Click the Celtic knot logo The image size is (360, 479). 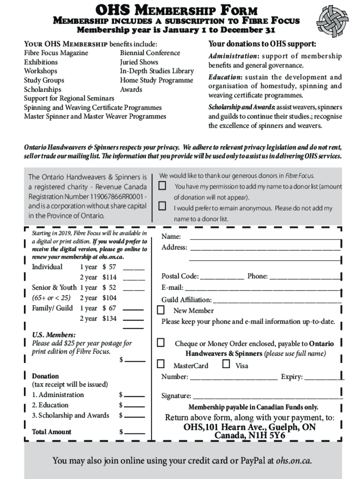tap(332, 21)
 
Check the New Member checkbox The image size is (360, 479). tap(161, 310)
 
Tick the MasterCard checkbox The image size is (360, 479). tap(161, 364)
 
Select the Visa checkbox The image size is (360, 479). tap(226, 364)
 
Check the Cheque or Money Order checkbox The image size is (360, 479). tap(161, 343)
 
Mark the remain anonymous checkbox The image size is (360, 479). tap(162, 206)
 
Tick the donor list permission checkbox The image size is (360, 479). tap(162, 186)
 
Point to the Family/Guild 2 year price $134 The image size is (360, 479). tap(109, 319)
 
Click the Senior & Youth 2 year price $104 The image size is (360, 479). tap(109, 298)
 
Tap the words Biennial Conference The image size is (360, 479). tap(150, 53)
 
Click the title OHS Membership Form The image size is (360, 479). tap(177, 9)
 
